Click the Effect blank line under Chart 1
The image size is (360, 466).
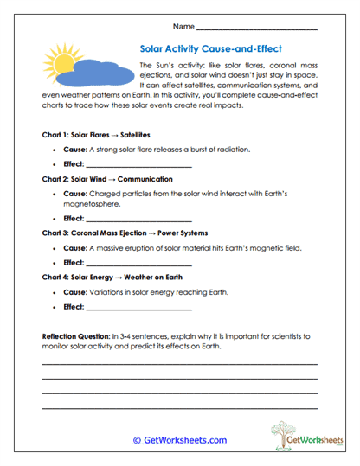pyautogui.click(x=138, y=164)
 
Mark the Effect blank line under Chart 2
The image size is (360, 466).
pyautogui.click(x=138, y=220)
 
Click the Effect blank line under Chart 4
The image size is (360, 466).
pyautogui.click(x=138, y=306)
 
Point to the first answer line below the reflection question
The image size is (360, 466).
pyautogui.click(x=179, y=363)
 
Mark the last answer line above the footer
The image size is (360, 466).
pyautogui.click(x=179, y=406)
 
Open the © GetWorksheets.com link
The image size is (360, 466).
pyautogui.click(x=179, y=440)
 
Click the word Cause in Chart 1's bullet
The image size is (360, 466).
pyautogui.click(x=74, y=150)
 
